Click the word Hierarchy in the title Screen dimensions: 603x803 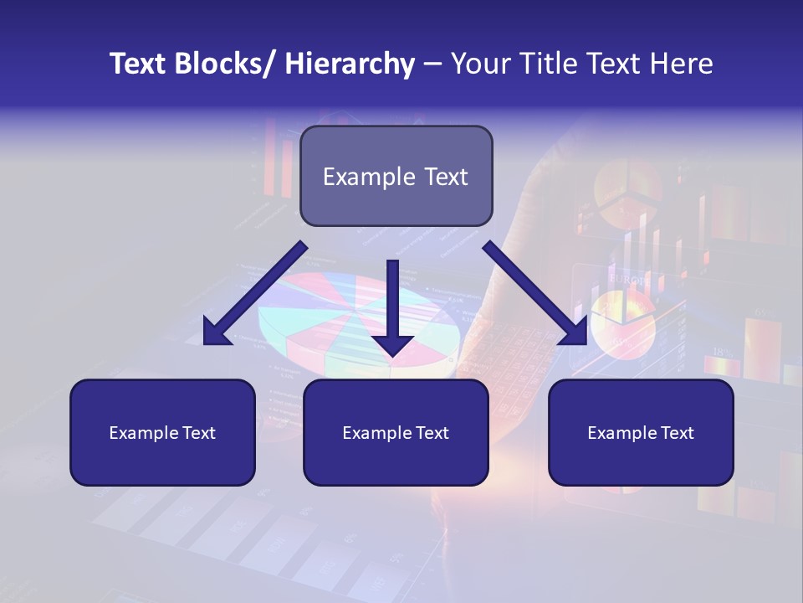click(350, 64)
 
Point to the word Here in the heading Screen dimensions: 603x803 click(681, 64)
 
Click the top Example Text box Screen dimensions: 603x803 click(396, 176)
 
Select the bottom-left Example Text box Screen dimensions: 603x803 click(162, 432)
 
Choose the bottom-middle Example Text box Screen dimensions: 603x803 click(396, 432)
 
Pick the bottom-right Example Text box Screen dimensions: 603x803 click(641, 432)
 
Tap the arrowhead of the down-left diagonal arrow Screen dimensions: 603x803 click(216, 332)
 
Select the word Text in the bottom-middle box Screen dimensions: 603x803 click(432, 433)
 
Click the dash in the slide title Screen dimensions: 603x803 click(432, 64)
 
